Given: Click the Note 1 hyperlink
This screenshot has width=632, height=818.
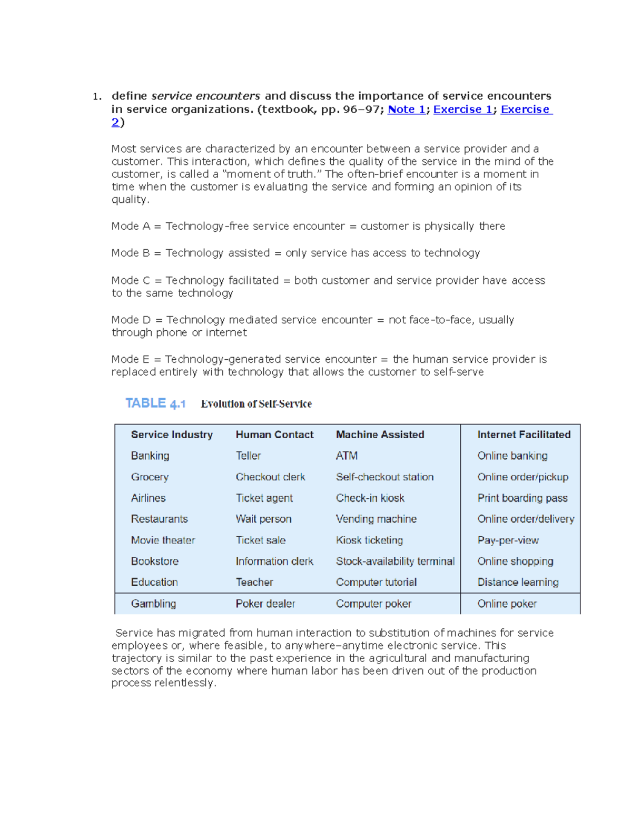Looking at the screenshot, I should click(x=406, y=110).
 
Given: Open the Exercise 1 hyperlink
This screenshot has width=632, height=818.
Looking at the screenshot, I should click(x=463, y=110).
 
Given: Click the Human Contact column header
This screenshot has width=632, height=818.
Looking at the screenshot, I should click(x=274, y=435).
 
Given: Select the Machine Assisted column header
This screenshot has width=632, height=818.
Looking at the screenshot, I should click(x=380, y=435).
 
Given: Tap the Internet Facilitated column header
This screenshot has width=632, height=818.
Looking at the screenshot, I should click(x=524, y=435).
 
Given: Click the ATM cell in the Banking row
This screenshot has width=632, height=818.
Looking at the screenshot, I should click(x=347, y=456).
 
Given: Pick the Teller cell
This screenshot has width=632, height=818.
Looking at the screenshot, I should click(x=248, y=456).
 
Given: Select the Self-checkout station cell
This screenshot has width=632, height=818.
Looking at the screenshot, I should click(x=384, y=477).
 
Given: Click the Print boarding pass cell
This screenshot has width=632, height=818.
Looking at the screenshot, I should click(x=522, y=498).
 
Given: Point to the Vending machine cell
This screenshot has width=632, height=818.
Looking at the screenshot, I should click(x=376, y=519).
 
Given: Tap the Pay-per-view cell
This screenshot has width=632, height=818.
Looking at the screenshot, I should click(x=508, y=540).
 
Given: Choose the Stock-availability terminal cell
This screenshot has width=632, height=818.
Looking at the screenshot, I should click(x=395, y=561).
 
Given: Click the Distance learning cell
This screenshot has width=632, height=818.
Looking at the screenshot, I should click(x=518, y=582).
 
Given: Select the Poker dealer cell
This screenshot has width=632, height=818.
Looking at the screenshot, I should click(x=265, y=604).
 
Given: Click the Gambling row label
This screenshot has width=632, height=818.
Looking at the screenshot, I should click(x=153, y=604).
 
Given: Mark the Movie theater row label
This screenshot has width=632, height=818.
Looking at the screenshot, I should click(x=163, y=540).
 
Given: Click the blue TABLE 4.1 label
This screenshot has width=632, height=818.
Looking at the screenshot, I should click(x=155, y=403).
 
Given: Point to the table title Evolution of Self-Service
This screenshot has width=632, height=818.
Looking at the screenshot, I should click(x=256, y=404).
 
